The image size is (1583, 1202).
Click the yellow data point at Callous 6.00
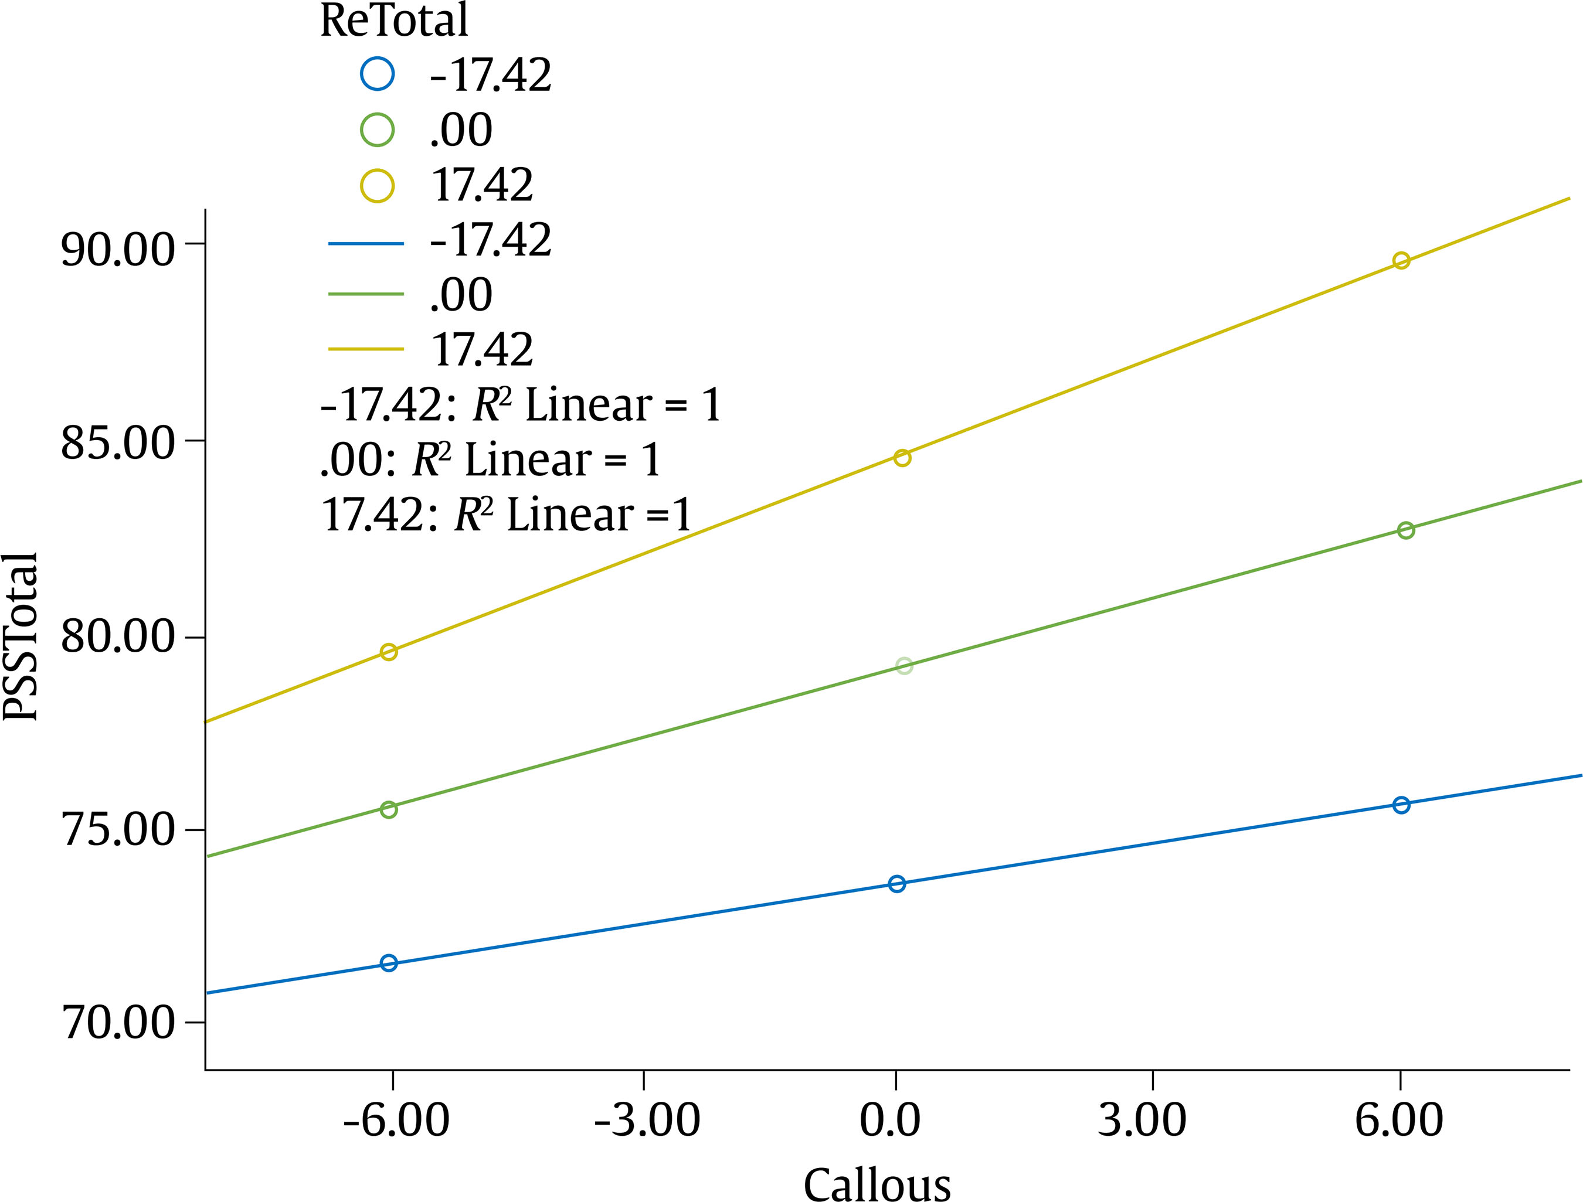[x=1401, y=260]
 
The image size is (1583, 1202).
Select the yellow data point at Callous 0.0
[x=902, y=458]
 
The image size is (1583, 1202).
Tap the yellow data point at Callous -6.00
[x=389, y=652]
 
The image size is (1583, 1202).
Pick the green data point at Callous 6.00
[x=1405, y=530]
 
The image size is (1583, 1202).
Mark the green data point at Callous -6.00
[x=389, y=809]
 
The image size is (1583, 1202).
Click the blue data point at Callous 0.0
[x=896, y=884]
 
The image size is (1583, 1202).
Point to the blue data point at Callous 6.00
[x=1401, y=805]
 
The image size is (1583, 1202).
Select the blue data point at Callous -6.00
[x=389, y=963]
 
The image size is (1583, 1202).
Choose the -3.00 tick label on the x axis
[x=647, y=1120]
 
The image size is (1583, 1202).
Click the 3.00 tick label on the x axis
[x=1142, y=1120]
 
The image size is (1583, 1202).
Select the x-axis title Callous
[x=877, y=1182]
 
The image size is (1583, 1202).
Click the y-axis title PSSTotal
[x=20, y=637]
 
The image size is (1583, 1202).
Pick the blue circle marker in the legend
[x=377, y=74]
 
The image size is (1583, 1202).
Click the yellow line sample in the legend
[x=366, y=349]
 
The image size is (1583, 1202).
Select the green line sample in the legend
[x=366, y=294]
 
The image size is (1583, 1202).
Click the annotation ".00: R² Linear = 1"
[x=491, y=459]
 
